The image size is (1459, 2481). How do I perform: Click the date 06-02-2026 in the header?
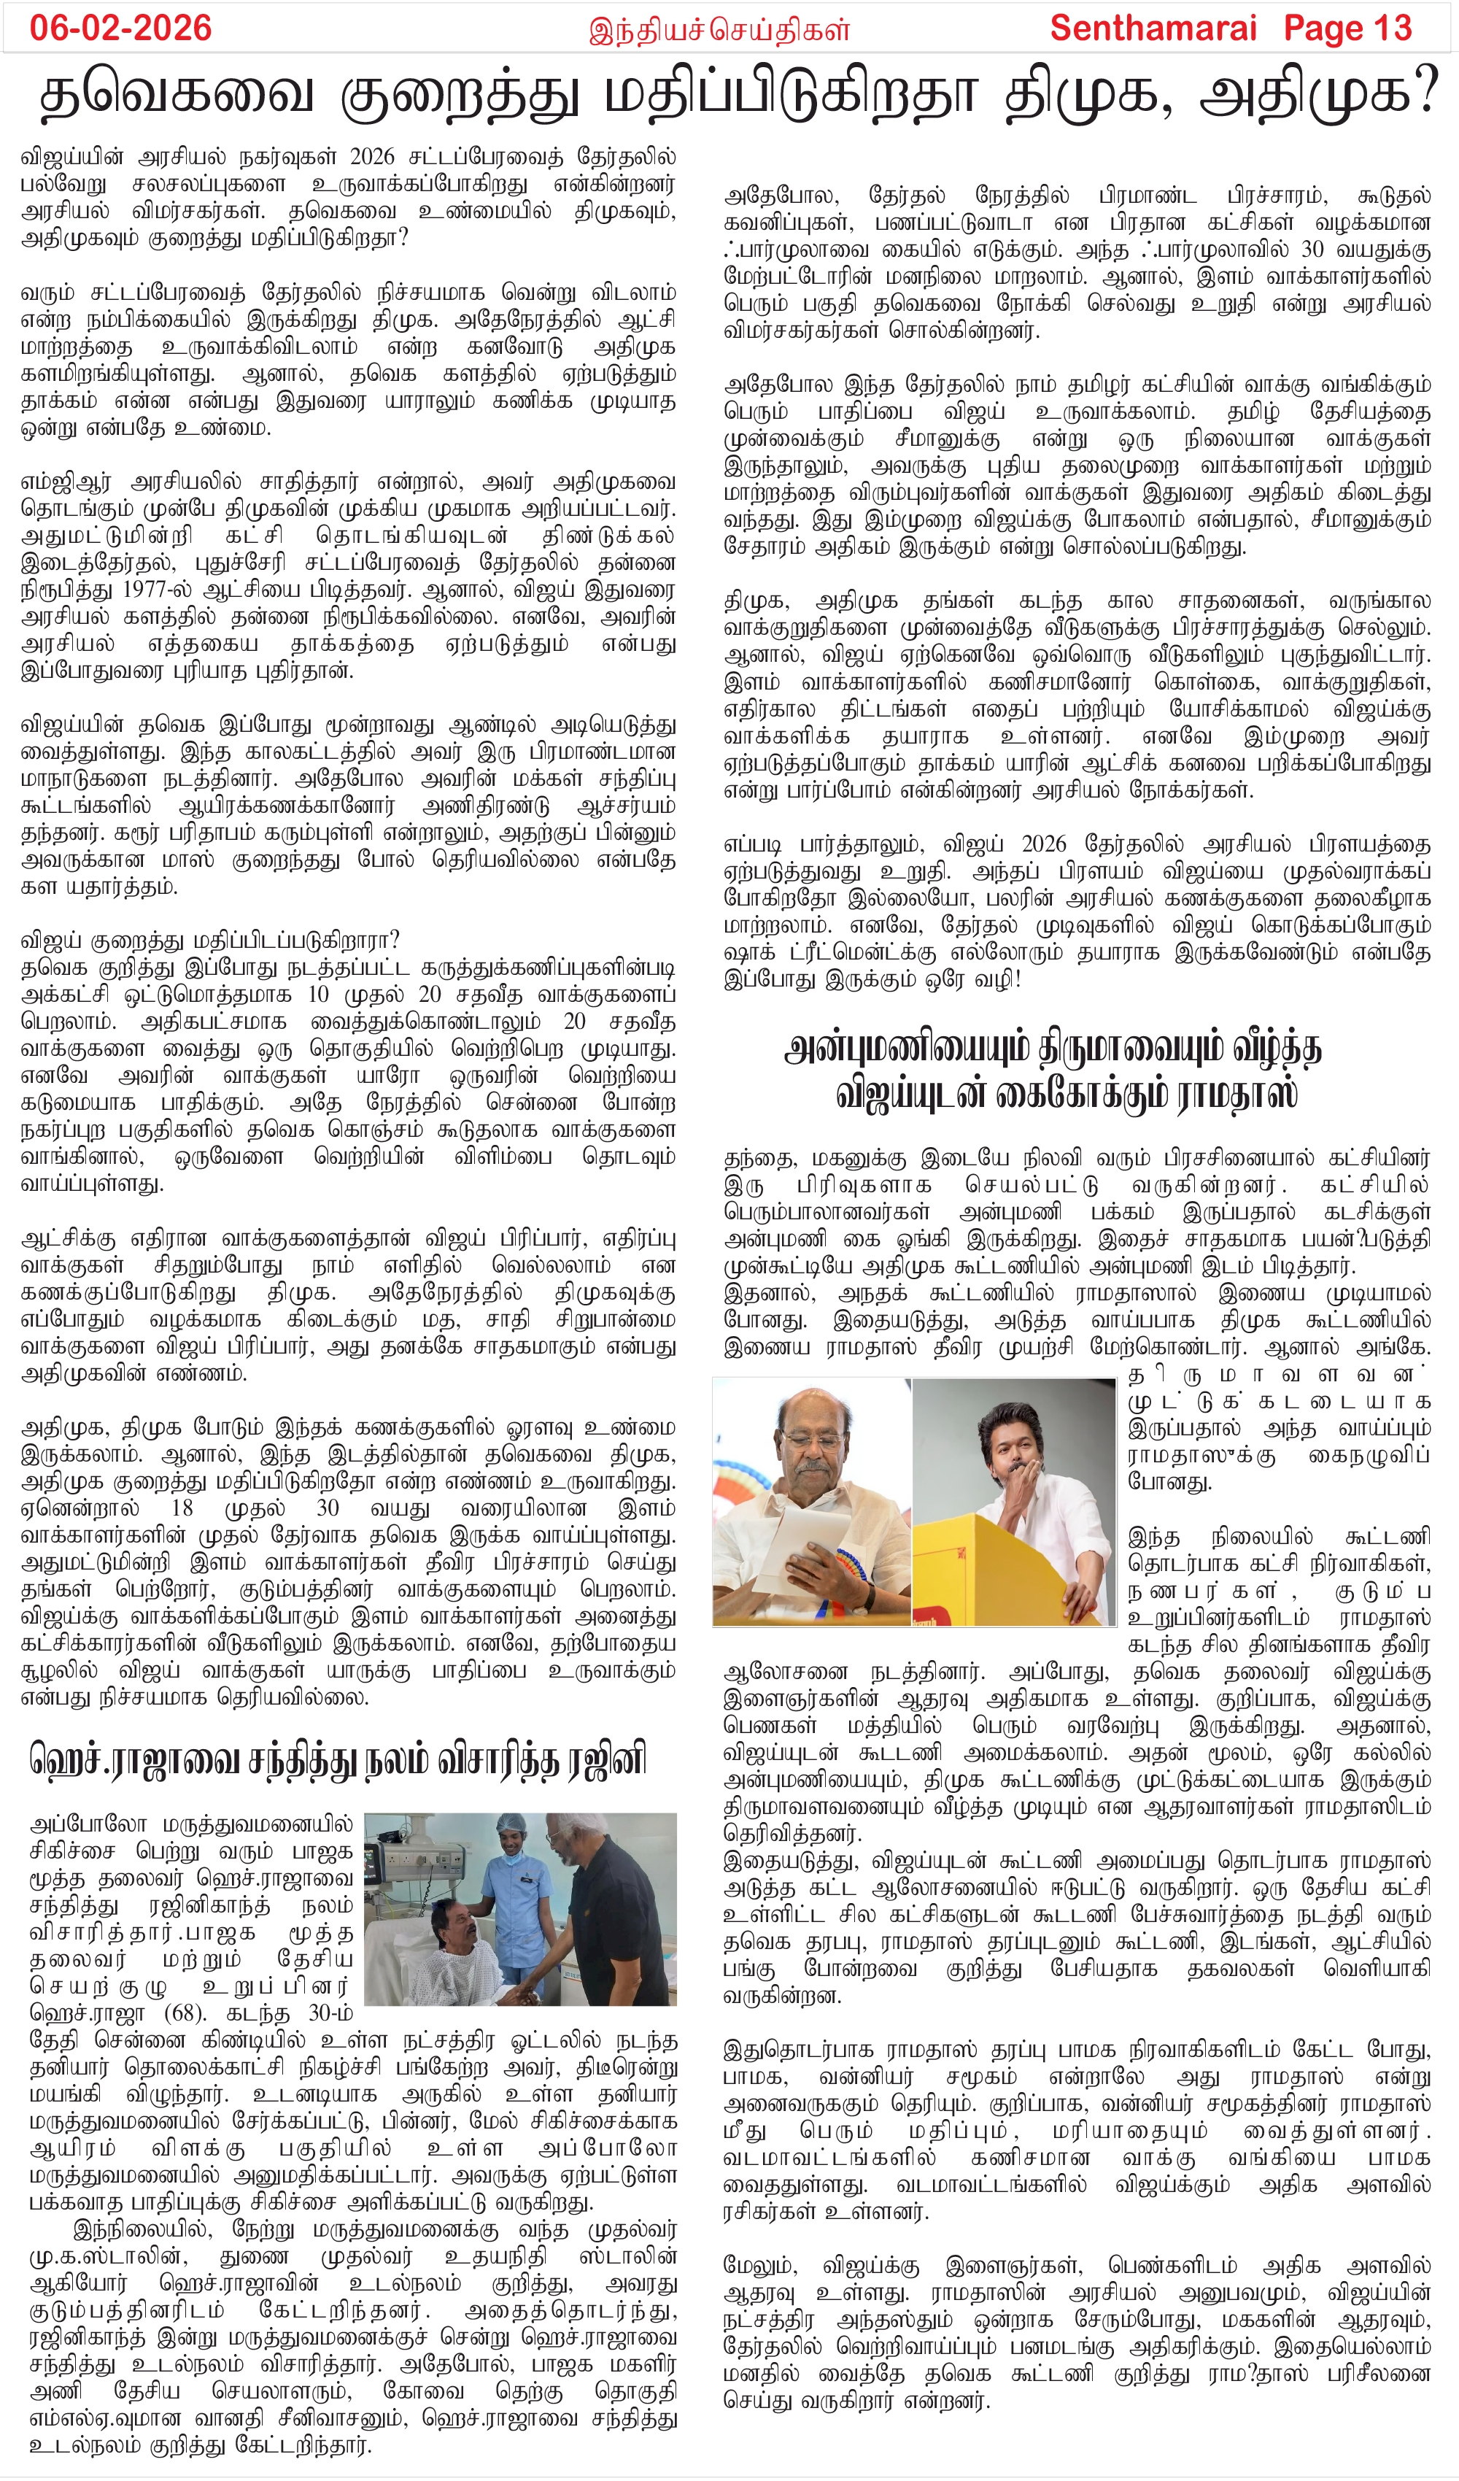tap(120, 28)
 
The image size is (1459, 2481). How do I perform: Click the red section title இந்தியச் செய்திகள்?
tap(720, 31)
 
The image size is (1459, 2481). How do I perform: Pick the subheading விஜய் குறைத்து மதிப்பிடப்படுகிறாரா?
tap(209, 939)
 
